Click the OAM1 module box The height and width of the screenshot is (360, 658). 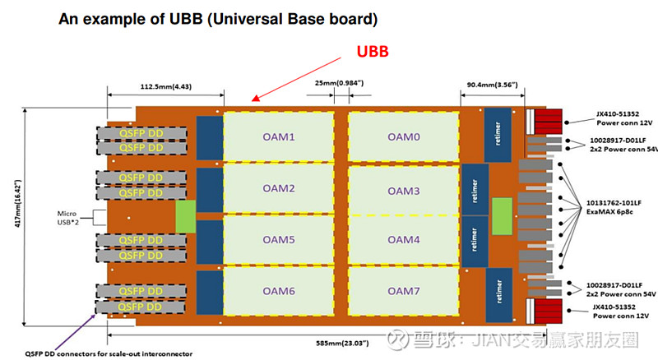pyautogui.click(x=278, y=137)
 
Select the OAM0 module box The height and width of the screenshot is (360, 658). pyautogui.click(x=403, y=137)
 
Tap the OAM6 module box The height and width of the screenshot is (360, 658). pyautogui.click(x=278, y=291)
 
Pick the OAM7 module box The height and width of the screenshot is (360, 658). pyautogui.click(x=403, y=291)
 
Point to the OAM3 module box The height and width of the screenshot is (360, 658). pyautogui.click(x=403, y=191)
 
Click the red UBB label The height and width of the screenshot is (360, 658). pyautogui.click(x=371, y=51)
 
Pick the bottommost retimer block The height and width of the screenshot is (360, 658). pyautogui.click(x=496, y=292)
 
